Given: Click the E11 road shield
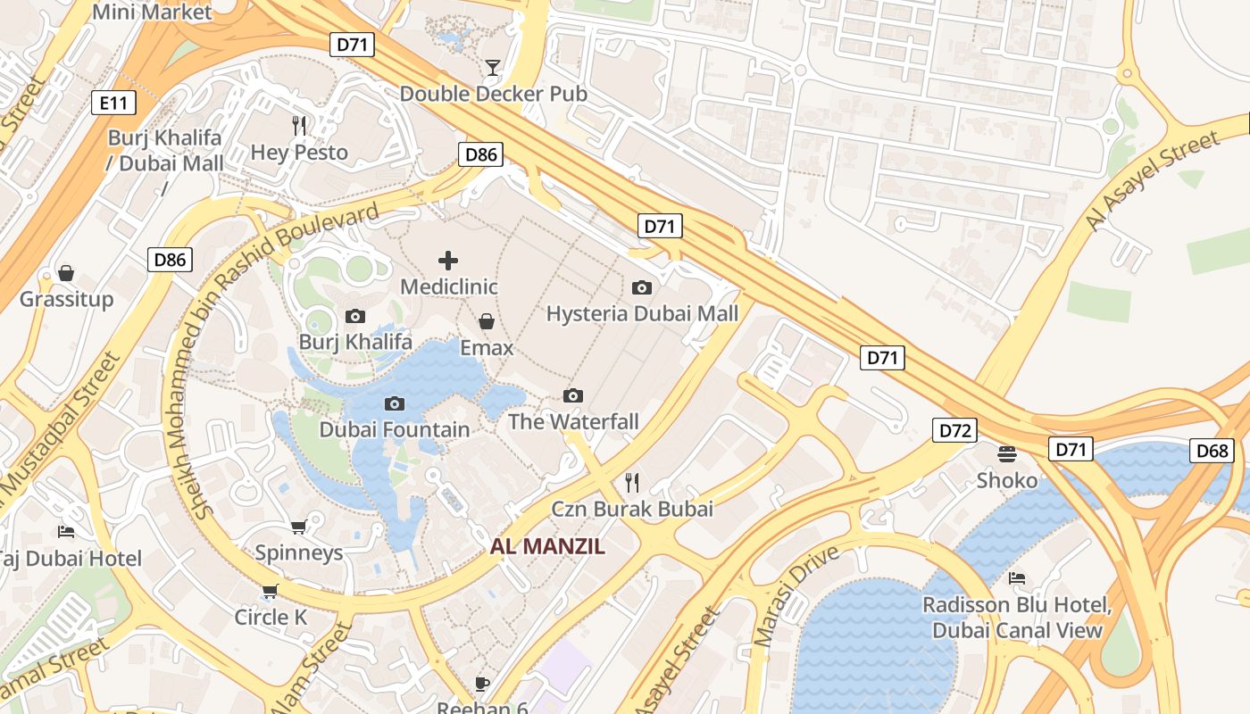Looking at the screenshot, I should [x=114, y=104].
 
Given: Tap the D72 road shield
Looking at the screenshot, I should [x=955, y=431].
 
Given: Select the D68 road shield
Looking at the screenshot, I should [x=1212, y=451].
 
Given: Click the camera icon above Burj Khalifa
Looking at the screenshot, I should [x=354, y=317].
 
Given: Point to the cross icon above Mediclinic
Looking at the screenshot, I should [x=448, y=261].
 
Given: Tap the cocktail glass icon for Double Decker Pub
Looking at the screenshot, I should [x=492, y=68].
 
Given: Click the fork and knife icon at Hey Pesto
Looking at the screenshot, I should [x=299, y=126].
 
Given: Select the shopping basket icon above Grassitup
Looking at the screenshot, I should [x=66, y=273].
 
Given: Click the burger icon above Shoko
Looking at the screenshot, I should [x=1007, y=454].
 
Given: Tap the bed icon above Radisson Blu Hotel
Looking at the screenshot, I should [x=1017, y=578].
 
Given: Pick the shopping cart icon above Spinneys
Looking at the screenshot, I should [x=298, y=527].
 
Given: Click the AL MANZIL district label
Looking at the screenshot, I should [x=547, y=546].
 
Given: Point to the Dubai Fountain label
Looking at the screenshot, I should [x=395, y=430].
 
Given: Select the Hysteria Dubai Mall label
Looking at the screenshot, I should [x=642, y=314].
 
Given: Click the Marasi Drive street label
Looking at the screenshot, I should [x=796, y=596].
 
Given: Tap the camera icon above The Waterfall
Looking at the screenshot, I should [x=573, y=395].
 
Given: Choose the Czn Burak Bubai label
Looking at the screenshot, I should [x=632, y=510].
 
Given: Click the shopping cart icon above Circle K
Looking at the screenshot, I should [x=271, y=591].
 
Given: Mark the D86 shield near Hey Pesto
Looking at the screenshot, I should [x=480, y=154].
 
